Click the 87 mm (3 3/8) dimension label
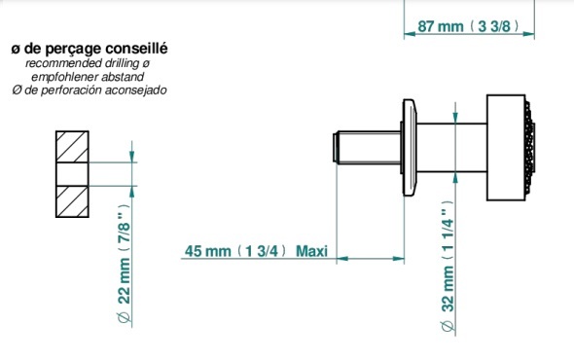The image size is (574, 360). pos(468,26)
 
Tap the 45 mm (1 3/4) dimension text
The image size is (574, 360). pos(236,251)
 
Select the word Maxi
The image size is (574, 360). pos(311,251)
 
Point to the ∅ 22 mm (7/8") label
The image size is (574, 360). pos(125,264)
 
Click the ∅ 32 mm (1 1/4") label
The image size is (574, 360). pos(448,267)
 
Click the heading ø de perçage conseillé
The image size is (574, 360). pos(90,49)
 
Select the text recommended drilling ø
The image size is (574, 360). pos(88,63)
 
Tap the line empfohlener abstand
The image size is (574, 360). pos(88,77)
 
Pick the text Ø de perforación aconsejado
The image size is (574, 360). pos(90,90)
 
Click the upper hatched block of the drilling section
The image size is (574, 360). pos(72,147)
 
